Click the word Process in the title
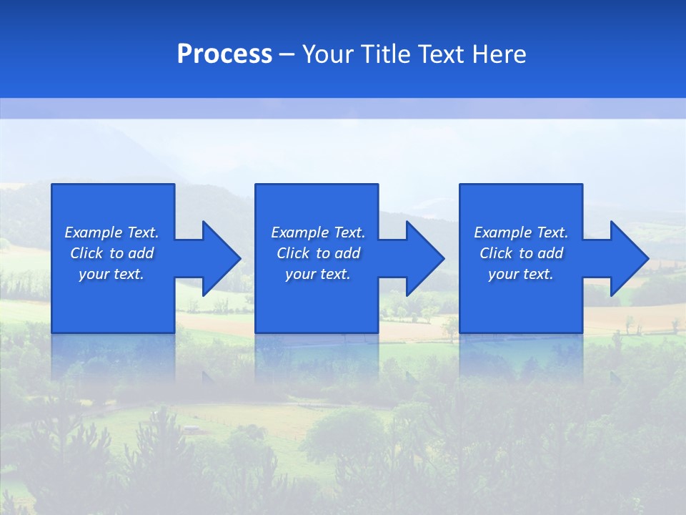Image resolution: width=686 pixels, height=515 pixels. tap(224, 54)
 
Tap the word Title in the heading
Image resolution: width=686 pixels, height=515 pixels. tap(386, 54)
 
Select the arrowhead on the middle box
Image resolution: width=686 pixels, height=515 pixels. tap(424, 258)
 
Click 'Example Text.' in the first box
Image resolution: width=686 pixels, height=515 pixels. tap(111, 232)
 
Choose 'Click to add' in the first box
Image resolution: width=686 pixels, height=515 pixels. tap(111, 253)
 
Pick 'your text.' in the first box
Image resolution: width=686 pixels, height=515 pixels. tap(111, 274)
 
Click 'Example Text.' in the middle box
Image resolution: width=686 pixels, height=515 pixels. tap(318, 232)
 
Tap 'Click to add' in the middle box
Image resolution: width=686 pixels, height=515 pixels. tap(318, 253)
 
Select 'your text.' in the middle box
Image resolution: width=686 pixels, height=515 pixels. tap(318, 274)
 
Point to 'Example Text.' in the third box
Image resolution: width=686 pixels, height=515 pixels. tap(521, 232)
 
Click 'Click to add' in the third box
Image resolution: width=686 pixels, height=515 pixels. tap(521, 253)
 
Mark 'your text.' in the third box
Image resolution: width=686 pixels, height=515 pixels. tap(521, 274)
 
